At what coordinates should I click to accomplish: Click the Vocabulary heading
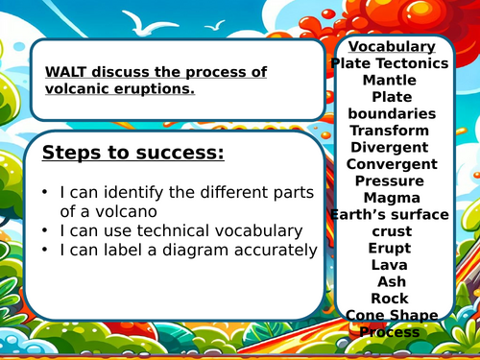tap(391, 47)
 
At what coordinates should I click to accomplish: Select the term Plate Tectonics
tap(389, 63)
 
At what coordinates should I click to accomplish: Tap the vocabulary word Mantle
tap(390, 80)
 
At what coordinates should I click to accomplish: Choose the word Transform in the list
tap(390, 131)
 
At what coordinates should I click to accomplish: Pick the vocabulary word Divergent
tap(390, 147)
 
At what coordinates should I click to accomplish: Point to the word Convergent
tap(390, 164)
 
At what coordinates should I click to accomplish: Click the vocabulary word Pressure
tap(390, 180)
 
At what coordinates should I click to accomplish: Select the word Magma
tap(390, 198)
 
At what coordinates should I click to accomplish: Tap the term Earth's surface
tap(390, 214)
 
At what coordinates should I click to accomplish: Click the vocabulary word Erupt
tap(390, 248)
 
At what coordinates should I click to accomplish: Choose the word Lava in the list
tap(390, 265)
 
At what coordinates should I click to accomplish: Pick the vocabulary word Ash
tap(390, 281)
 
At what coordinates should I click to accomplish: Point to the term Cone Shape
tap(390, 315)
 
